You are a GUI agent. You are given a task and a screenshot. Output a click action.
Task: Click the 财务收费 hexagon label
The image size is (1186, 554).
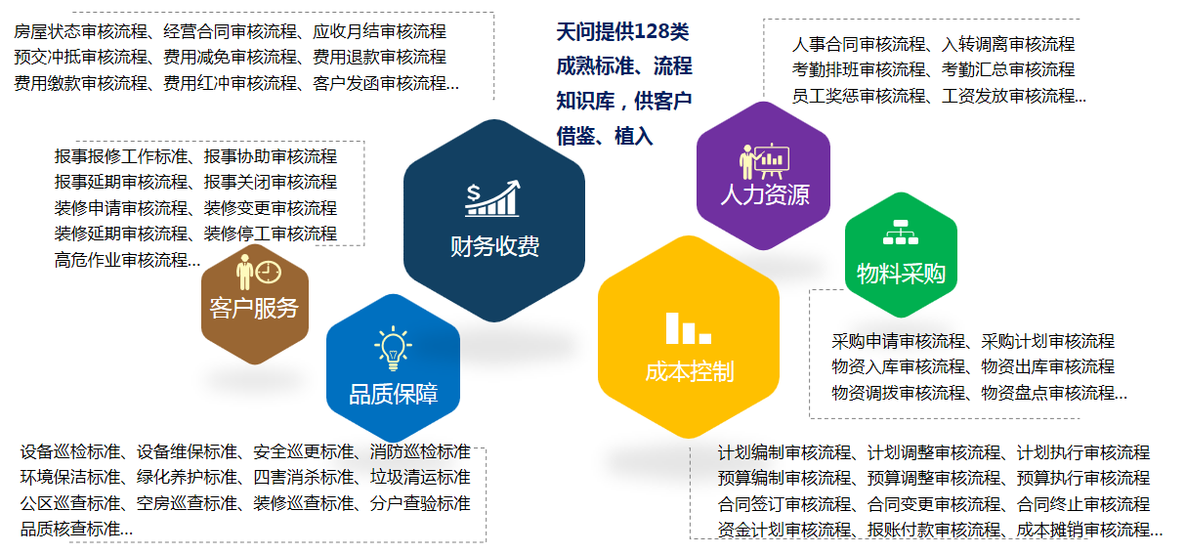494,247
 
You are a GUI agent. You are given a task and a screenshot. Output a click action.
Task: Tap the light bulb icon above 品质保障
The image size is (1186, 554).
393,348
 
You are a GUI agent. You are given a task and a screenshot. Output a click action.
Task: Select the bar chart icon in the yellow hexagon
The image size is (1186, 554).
689,328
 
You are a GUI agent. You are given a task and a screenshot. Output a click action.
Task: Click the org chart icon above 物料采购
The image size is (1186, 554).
901,232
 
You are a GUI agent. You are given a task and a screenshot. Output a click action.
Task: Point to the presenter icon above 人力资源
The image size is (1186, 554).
765,161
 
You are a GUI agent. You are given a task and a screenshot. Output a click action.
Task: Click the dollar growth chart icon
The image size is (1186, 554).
492,198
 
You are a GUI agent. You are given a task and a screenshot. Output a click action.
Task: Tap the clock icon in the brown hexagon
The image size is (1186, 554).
269,273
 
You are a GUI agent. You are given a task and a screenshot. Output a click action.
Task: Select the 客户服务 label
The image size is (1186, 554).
254,308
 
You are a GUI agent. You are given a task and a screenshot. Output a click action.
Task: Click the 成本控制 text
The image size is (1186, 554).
690,372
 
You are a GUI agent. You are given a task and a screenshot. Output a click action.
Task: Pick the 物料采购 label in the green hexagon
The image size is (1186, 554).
901,274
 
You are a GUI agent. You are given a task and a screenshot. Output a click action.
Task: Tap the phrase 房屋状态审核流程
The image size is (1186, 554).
81,32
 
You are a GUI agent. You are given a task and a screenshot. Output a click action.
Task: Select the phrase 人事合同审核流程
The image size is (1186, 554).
859,44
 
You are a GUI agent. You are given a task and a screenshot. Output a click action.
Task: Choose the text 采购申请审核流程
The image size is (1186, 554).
899,341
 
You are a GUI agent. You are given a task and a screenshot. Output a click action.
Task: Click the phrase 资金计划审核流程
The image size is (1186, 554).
784,530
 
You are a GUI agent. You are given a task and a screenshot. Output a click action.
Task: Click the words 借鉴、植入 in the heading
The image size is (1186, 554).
605,137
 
